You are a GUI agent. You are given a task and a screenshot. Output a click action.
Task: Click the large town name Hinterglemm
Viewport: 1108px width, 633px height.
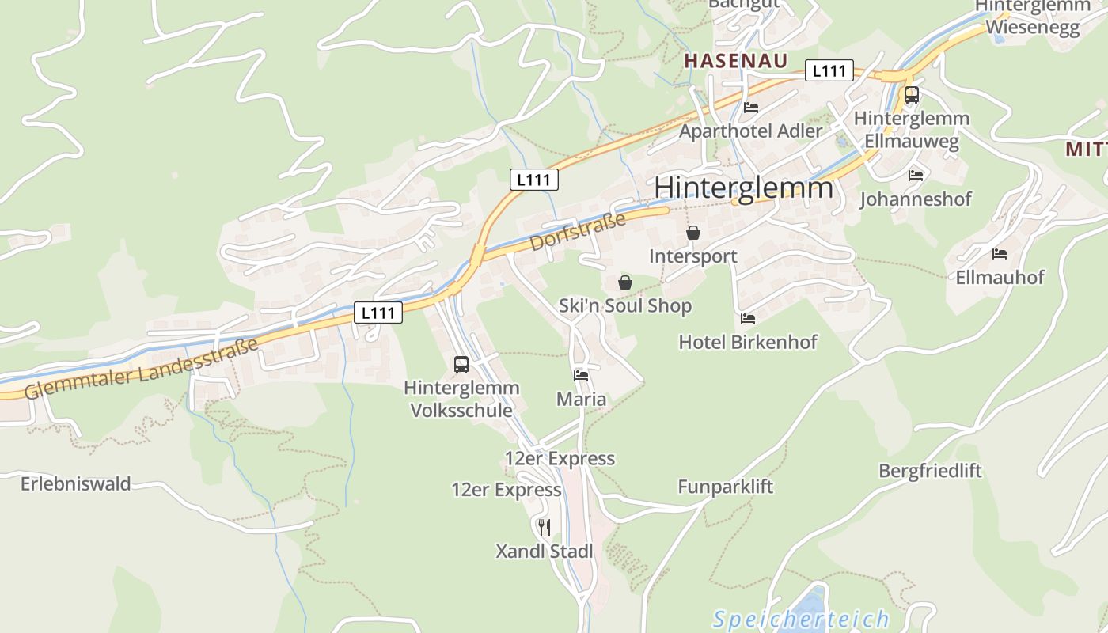coord(744,188)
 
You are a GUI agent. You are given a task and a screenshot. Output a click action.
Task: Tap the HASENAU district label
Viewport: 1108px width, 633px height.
coord(736,61)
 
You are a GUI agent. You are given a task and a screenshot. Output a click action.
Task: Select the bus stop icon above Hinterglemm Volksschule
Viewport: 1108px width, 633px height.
coord(461,365)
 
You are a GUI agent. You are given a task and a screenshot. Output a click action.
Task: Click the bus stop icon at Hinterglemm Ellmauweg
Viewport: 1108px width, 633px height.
coord(912,95)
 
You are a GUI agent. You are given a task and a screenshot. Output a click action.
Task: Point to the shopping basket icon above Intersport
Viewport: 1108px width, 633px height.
coord(693,233)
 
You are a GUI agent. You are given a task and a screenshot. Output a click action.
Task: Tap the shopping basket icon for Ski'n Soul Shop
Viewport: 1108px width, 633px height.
coord(625,282)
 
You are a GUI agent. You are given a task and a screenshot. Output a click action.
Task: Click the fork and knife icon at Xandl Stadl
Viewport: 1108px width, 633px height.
coord(544,527)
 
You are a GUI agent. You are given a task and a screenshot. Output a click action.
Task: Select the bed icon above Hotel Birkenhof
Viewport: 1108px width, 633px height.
coord(748,319)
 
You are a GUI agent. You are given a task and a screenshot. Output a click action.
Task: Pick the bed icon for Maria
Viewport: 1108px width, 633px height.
coord(581,376)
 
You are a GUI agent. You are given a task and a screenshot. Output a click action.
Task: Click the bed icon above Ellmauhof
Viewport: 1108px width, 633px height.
coord(1000,254)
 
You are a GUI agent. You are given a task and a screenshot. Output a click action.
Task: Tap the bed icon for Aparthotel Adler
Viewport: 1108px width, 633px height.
coord(751,108)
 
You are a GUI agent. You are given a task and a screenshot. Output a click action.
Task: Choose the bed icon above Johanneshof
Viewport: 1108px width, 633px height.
coord(916,176)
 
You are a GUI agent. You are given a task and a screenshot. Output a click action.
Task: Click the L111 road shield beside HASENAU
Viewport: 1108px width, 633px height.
coord(829,70)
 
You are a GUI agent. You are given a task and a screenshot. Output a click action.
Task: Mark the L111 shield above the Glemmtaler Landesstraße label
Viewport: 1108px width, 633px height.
coord(378,313)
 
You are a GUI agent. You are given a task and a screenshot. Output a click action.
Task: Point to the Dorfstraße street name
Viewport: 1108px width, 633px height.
coord(578,231)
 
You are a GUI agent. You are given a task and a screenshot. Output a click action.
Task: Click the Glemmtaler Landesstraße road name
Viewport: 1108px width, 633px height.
coord(142,369)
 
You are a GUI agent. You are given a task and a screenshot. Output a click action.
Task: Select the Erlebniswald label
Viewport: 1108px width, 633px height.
coord(76,483)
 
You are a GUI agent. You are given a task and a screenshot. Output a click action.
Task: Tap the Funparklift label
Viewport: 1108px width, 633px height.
coord(725,487)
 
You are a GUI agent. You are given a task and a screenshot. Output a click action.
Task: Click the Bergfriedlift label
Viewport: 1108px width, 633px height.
coord(930,471)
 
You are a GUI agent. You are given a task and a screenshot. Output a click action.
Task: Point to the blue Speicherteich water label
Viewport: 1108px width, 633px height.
coord(801,619)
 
